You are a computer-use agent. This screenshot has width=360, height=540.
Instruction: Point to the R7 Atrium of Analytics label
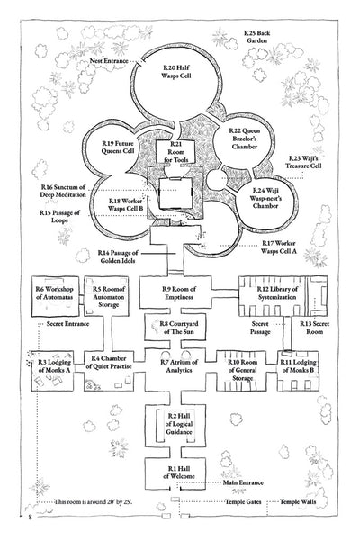[176, 366]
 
